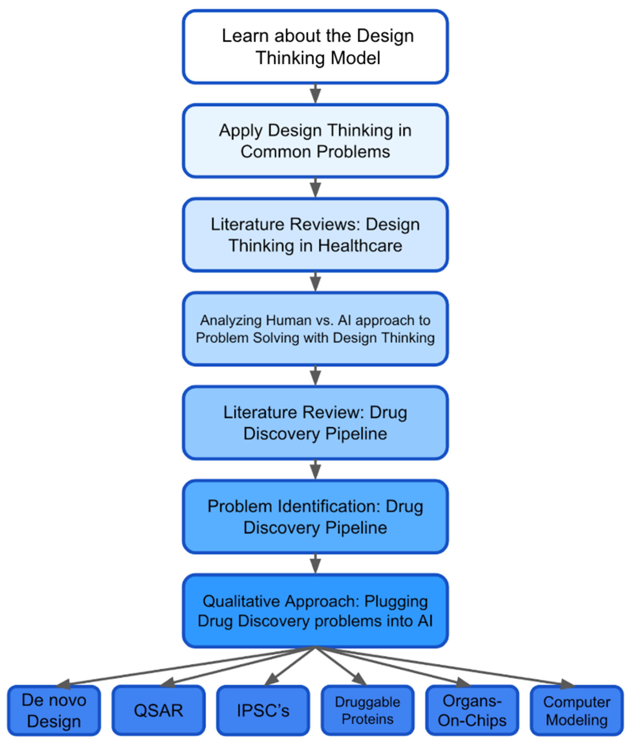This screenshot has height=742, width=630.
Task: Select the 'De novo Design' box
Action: click(x=54, y=711)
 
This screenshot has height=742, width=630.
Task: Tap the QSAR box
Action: click(x=158, y=711)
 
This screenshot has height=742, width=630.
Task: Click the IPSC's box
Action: click(x=263, y=711)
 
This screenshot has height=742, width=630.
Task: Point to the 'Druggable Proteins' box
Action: click(x=367, y=711)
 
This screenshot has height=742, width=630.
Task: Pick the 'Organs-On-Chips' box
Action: click(x=472, y=711)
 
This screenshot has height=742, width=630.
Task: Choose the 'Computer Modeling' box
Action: click(x=577, y=711)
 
